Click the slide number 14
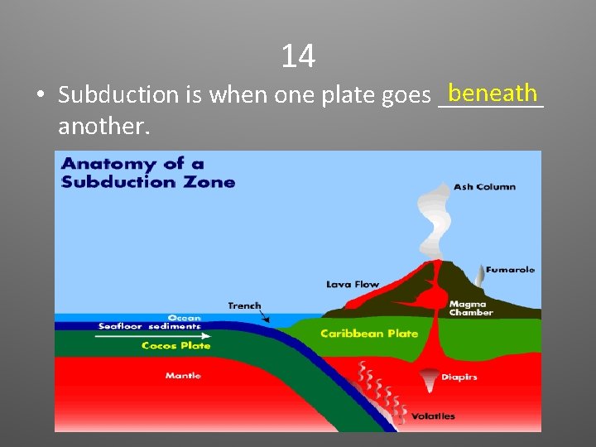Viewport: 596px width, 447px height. click(x=298, y=56)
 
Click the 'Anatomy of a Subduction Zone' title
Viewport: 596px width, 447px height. click(x=148, y=173)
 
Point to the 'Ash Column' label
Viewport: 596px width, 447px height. click(x=484, y=187)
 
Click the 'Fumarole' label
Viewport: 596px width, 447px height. click(x=510, y=269)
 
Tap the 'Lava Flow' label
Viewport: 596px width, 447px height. click(x=353, y=285)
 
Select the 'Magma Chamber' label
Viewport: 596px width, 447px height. click(x=471, y=309)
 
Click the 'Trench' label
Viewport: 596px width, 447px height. click(x=244, y=305)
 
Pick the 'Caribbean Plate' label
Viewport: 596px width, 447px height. click(x=369, y=334)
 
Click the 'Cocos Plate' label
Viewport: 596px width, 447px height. click(x=175, y=346)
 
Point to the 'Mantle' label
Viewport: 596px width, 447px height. click(x=183, y=376)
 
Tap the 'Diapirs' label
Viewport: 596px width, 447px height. click(x=459, y=377)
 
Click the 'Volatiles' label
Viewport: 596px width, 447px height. click(x=433, y=416)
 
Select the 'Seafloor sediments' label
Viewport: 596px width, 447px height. click(x=149, y=326)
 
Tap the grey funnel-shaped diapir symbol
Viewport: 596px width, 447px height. click(x=429, y=380)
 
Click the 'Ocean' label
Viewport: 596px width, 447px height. click(x=184, y=318)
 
